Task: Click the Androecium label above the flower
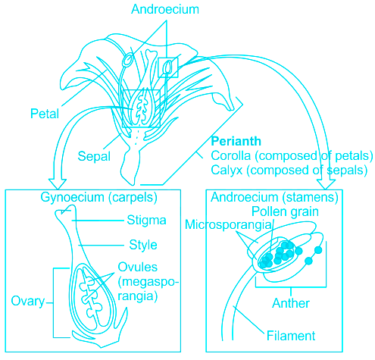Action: [x=165, y=9]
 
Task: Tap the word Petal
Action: [x=45, y=114]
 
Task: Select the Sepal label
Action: [x=94, y=156]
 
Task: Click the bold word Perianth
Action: [x=236, y=141]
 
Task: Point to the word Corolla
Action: [x=230, y=155]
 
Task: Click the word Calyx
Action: [x=227, y=170]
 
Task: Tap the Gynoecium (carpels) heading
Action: [x=98, y=197]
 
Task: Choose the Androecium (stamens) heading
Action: [x=274, y=197]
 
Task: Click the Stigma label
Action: [x=146, y=221]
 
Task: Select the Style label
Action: [x=143, y=245]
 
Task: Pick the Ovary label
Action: [x=28, y=301]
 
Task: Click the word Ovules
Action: [x=138, y=267]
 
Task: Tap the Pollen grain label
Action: [x=285, y=211]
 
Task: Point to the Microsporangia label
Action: [x=228, y=224]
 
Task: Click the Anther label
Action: [x=291, y=303]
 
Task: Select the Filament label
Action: [x=291, y=336]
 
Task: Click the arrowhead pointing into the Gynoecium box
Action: [x=58, y=184]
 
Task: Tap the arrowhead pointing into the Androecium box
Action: [x=326, y=184]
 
